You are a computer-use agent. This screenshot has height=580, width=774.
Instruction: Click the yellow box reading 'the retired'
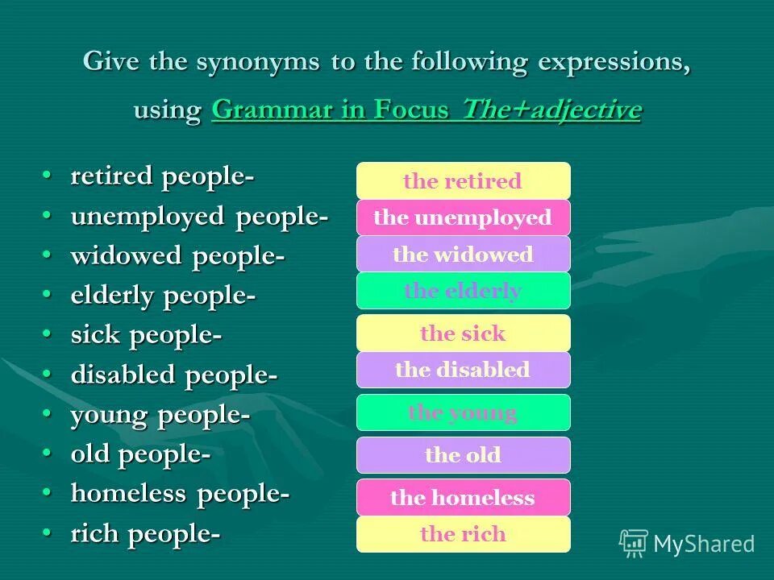(463, 180)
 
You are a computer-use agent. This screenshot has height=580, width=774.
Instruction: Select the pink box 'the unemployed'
(463, 217)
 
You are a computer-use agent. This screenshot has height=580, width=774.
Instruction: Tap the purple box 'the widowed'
(463, 255)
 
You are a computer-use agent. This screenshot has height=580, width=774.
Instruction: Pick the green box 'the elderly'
(463, 291)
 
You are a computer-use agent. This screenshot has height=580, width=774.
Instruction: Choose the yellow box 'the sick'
(463, 333)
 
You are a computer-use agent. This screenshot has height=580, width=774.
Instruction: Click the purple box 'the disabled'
(463, 370)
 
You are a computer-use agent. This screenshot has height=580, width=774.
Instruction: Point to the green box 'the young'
(463, 412)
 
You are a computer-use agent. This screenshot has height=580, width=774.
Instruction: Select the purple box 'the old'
(463, 455)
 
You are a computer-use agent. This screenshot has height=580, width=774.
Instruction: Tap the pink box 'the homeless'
(463, 498)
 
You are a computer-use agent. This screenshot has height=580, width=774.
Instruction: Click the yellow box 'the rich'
(463, 534)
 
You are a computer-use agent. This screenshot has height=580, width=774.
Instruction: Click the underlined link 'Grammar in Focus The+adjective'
(427, 110)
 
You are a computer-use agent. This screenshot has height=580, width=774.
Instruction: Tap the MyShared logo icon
(634, 544)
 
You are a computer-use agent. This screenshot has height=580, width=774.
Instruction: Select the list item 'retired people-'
(162, 176)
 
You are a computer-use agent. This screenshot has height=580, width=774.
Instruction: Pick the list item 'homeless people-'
(180, 494)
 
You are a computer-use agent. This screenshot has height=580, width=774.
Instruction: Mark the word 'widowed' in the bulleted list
(127, 256)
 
